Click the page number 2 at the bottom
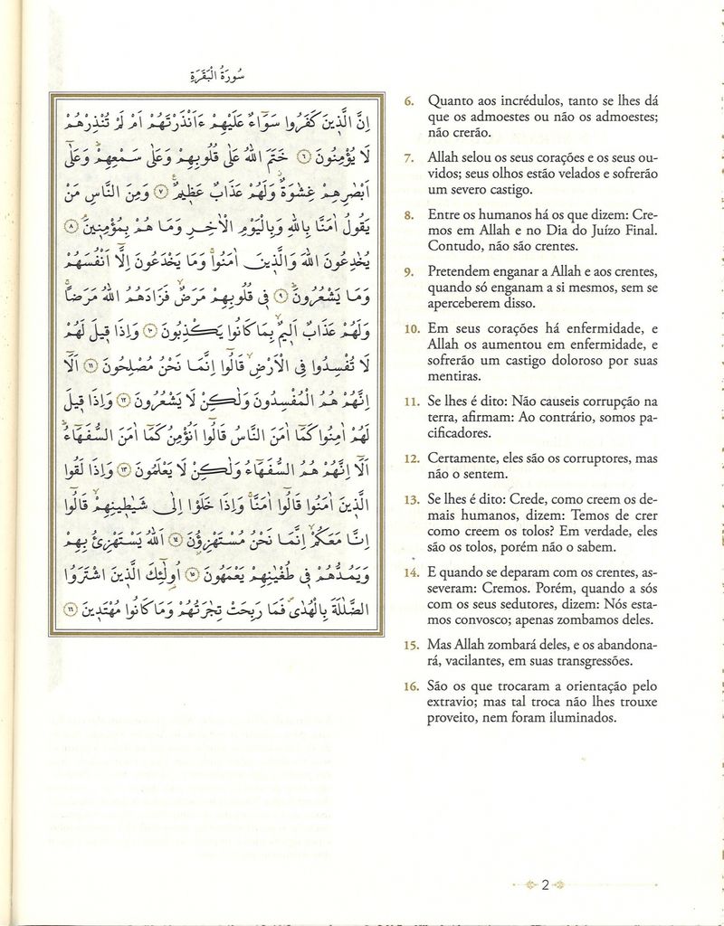[546, 884]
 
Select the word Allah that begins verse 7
[443, 158]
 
